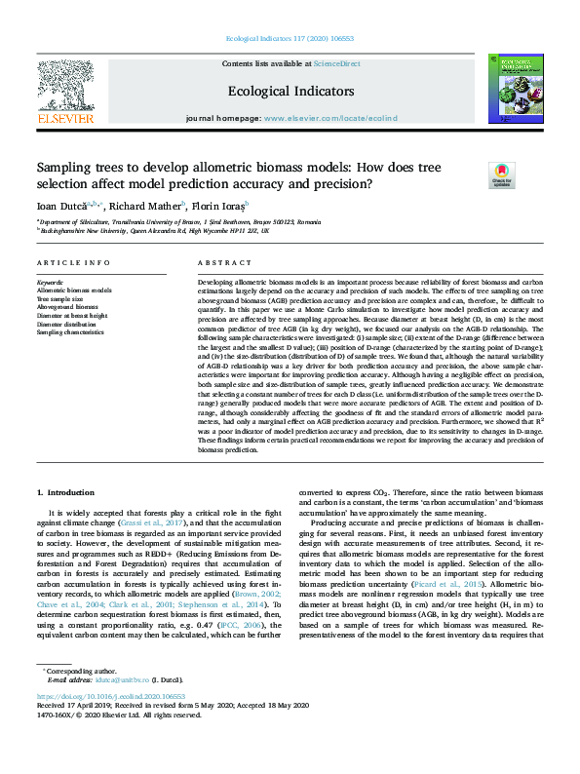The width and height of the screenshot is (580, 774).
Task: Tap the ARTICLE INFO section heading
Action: coord(74,263)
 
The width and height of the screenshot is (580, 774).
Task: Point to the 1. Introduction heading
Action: coord(70,493)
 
